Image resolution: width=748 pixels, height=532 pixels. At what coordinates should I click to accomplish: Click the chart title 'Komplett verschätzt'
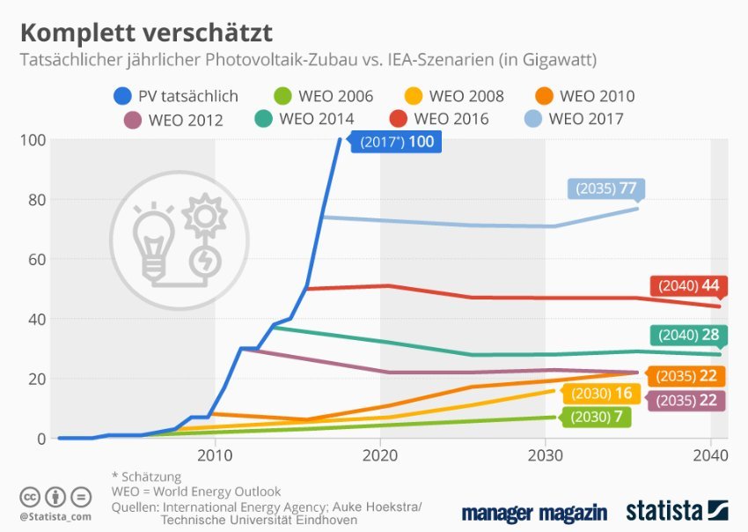pos(146,33)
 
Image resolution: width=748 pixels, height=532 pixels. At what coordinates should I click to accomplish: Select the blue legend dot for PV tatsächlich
pos(123,96)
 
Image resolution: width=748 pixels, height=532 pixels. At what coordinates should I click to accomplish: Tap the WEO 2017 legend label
pos(586,118)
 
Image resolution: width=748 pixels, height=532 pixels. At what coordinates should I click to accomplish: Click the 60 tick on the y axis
pos(34,259)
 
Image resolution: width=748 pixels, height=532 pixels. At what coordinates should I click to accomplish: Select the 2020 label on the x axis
pos(380,455)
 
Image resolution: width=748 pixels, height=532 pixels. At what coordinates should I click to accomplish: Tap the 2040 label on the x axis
pos(710,455)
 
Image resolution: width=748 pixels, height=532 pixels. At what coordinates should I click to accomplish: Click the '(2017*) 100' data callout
pos(393,142)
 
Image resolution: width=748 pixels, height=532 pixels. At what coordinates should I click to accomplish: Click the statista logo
pos(676,511)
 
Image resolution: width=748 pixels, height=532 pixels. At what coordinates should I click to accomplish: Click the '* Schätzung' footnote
pos(147,477)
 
